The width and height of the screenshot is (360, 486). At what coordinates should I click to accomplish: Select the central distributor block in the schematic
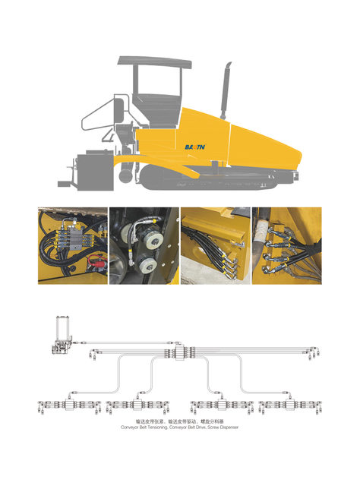tap(180, 355)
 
